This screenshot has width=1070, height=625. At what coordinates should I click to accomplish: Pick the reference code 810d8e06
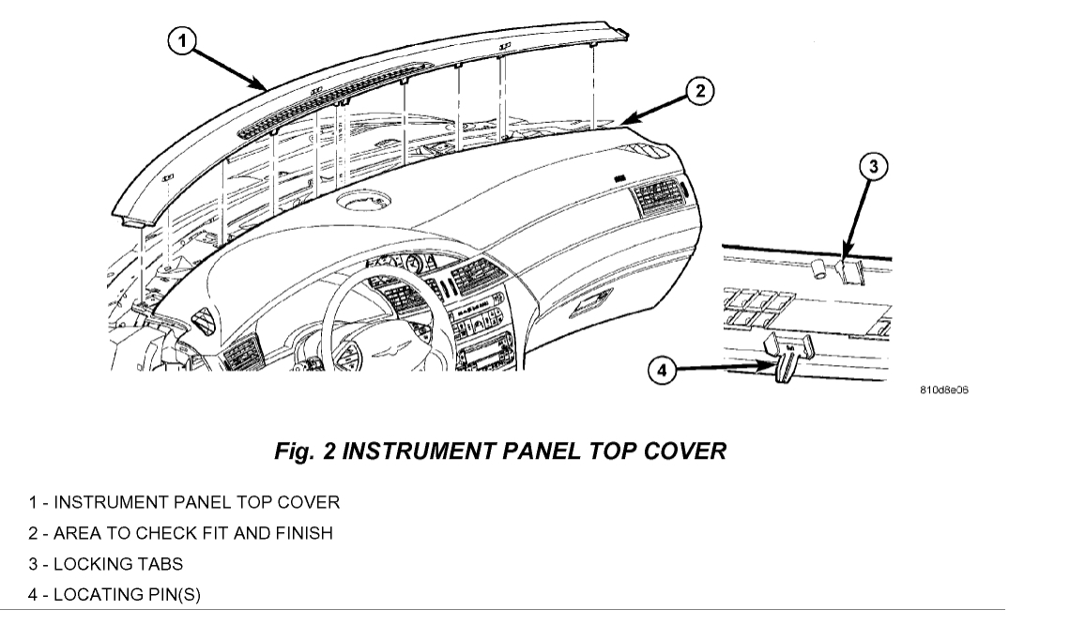(x=944, y=389)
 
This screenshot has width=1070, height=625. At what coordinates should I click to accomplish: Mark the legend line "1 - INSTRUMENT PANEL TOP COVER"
(x=183, y=502)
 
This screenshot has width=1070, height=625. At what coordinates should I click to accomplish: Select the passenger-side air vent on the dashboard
(x=659, y=199)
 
